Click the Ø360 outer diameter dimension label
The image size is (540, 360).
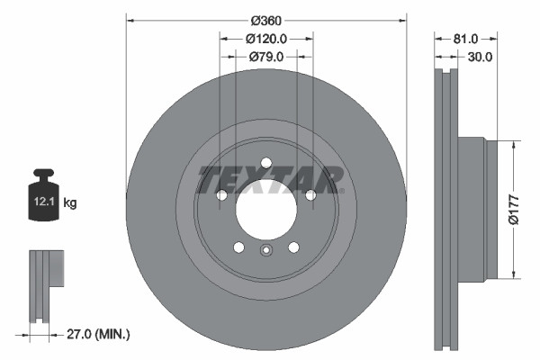click(266, 20)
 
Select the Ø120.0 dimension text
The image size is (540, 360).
click(266, 39)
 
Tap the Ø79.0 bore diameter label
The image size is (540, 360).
click(266, 57)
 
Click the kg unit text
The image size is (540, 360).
click(70, 203)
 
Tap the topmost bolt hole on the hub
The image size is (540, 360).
click(266, 163)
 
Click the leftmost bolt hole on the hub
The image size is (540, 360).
click(221, 195)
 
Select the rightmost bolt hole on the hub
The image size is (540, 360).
click(310, 195)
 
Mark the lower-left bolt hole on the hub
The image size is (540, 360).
click(238, 247)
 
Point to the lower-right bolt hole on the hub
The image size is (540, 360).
click(293, 247)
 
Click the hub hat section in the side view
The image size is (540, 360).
click(474, 210)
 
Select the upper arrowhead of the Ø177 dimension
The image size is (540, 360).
click(513, 144)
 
